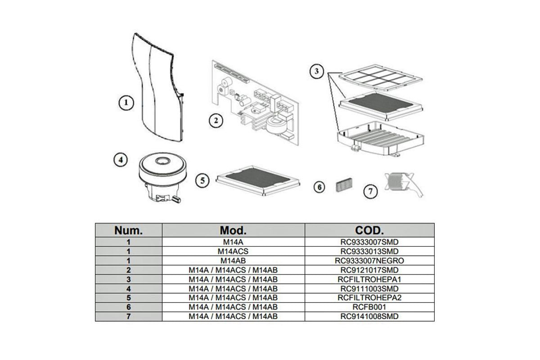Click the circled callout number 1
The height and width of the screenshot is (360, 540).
click(x=126, y=103)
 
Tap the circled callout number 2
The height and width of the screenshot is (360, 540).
click(x=216, y=121)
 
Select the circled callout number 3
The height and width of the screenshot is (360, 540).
click(x=316, y=72)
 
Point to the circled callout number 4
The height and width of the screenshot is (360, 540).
click(x=121, y=160)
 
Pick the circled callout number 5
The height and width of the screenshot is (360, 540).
click(x=202, y=180)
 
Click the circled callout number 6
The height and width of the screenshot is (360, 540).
click(x=319, y=187)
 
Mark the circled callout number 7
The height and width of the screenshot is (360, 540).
click(x=370, y=191)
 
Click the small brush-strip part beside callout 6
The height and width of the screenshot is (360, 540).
click(x=344, y=185)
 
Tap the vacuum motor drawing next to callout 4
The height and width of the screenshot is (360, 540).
click(x=163, y=177)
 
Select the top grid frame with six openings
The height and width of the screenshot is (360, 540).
click(x=380, y=77)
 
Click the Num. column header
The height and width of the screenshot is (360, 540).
click(x=129, y=230)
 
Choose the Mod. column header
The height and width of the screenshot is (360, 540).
click(x=233, y=230)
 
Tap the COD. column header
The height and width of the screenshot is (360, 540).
click(x=369, y=230)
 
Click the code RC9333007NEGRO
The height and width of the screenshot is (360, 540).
click(x=369, y=261)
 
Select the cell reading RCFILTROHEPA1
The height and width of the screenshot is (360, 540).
click(x=369, y=279)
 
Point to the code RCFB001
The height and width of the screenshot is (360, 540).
click(x=369, y=307)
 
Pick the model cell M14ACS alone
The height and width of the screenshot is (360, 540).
click(x=233, y=251)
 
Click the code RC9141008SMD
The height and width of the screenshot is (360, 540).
click(x=369, y=316)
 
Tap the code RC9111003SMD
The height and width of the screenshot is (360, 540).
click(x=369, y=288)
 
